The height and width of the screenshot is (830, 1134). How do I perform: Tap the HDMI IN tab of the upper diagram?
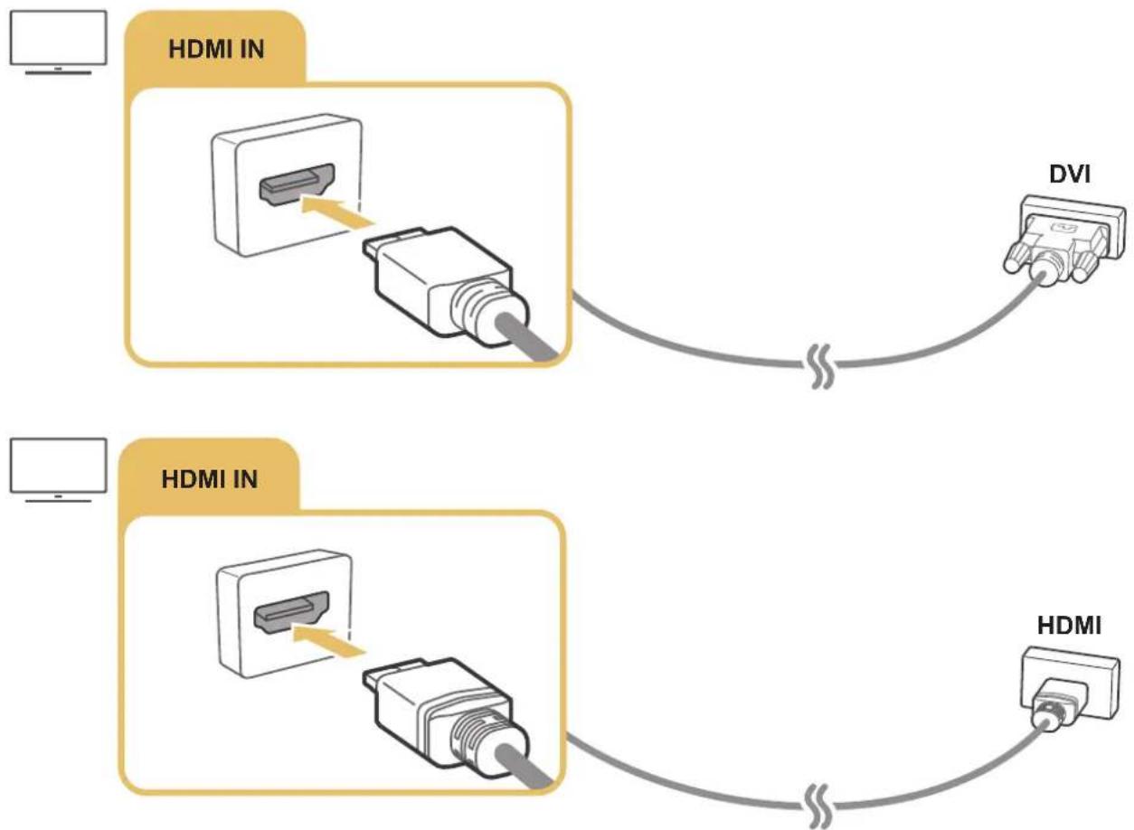tap(216, 49)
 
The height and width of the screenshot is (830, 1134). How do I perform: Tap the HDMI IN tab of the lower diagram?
tap(209, 478)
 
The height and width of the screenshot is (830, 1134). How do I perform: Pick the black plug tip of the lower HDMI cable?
tap(383, 677)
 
